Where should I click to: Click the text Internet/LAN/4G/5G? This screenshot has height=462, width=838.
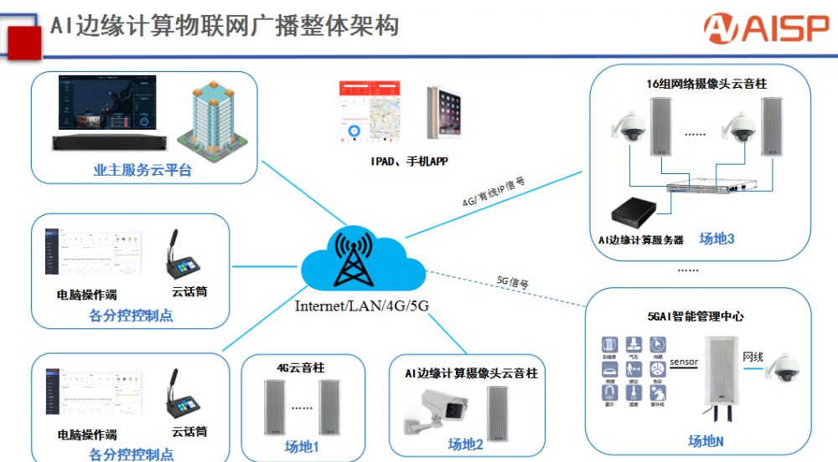coord(362,305)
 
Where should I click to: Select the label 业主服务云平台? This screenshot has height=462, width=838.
coord(142,171)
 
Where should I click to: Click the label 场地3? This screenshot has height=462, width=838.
coord(716,239)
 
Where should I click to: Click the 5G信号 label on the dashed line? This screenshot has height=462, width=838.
coord(512,282)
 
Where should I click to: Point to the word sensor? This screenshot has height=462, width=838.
coord(684,362)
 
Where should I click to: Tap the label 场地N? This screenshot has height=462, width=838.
coord(706,441)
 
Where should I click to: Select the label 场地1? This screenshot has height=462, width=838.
coord(302,445)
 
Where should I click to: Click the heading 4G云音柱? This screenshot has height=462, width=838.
coord(302,367)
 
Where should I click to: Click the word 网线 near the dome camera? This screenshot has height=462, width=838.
coord(753,357)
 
